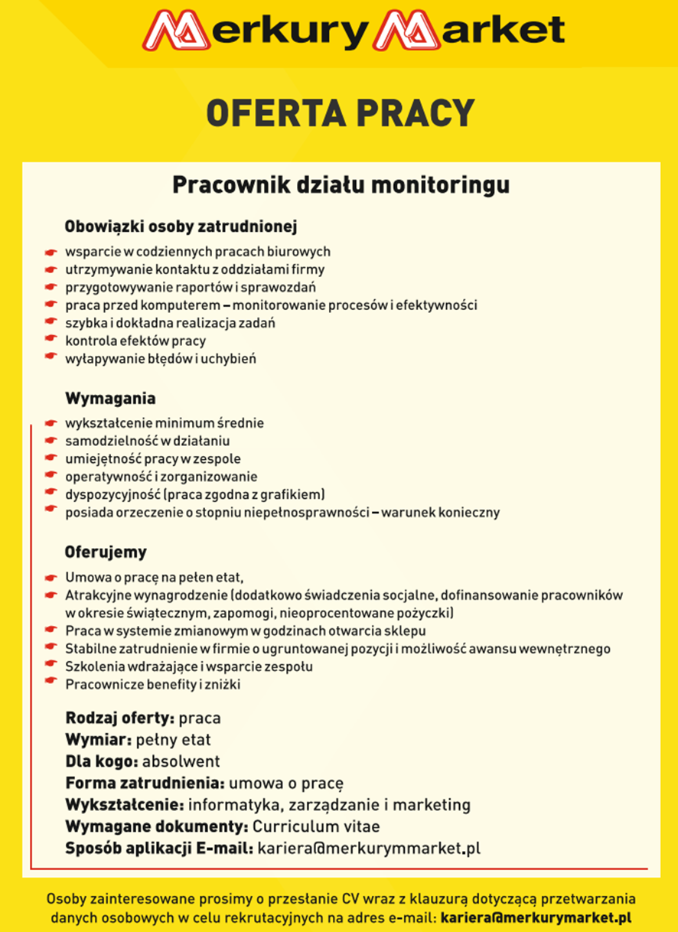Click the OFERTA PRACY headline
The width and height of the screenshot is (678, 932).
coord(341,113)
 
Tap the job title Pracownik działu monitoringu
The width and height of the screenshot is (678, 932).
coord(341,186)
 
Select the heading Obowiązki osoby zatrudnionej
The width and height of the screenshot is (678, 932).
coord(181,227)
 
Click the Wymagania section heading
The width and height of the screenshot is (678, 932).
coord(110,399)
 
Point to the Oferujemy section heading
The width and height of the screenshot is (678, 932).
coord(106,552)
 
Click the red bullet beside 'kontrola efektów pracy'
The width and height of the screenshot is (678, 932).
coord(51,341)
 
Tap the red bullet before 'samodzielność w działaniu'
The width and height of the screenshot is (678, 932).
coord(51,441)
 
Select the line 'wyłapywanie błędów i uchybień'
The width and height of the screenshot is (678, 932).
coord(160,358)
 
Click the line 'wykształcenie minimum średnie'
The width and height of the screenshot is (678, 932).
coord(165,423)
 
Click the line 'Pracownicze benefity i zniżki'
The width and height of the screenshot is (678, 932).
coord(153,685)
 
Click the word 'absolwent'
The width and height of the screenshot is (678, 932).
coord(181,761)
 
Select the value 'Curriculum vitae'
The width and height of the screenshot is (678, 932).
coord(316,826)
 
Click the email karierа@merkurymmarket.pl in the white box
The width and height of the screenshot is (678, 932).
coord(369,848)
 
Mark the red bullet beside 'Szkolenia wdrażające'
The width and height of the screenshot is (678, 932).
coord(51,666)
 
